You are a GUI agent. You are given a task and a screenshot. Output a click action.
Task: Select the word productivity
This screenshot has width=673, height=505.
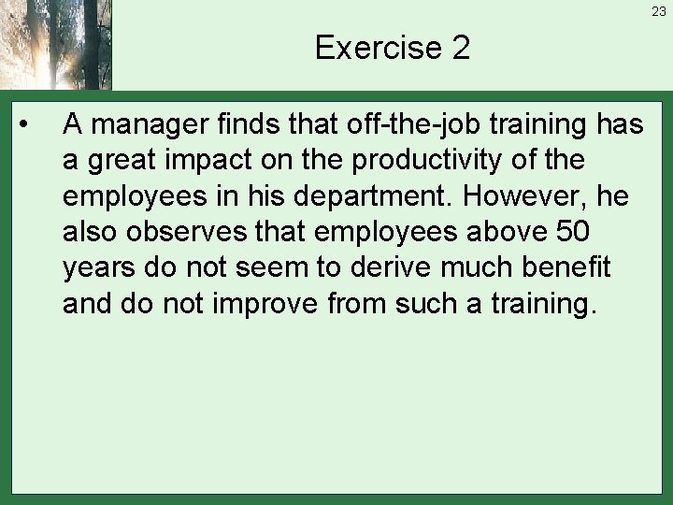[430, 160]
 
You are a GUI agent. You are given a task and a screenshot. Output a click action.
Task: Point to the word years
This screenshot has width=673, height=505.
[103, 268]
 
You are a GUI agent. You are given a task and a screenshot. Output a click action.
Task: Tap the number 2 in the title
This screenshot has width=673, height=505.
[460, 47]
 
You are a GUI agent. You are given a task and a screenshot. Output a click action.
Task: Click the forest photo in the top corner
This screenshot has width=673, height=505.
[56, 45]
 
